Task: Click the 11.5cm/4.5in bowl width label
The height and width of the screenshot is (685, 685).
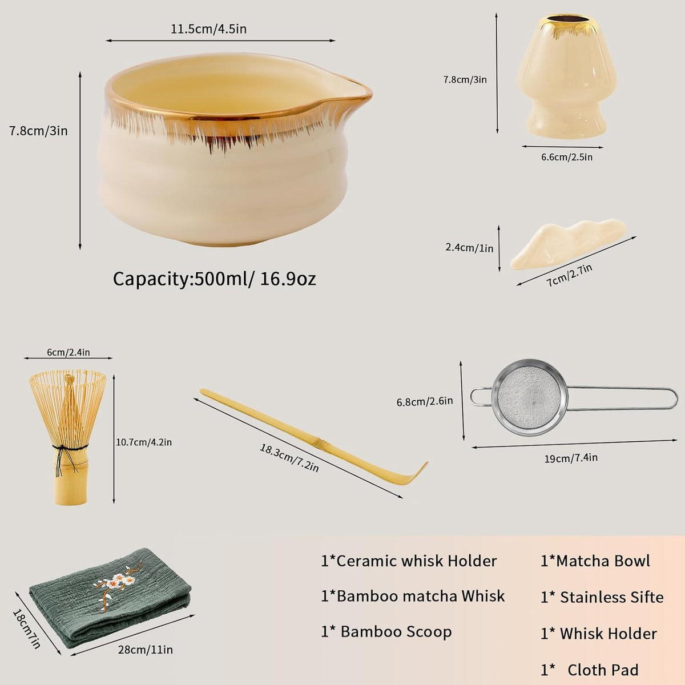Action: [209, 29]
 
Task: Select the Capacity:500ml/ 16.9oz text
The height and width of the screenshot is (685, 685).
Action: [215, 279]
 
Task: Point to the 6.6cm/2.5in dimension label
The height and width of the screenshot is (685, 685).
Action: [567, 157]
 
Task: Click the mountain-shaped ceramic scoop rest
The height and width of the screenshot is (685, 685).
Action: [568, 244]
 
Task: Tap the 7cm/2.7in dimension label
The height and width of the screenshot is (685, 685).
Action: [570, 275]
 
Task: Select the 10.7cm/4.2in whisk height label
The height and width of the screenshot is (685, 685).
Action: [144, 442]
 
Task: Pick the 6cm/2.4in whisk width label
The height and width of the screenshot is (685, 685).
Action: [68, 352]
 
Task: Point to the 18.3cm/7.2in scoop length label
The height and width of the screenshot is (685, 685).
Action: [289, 457]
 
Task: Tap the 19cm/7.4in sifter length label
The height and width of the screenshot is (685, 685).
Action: [571, 458]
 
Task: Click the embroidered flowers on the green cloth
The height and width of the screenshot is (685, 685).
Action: [114, 585]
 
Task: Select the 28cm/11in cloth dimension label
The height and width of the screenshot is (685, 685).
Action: [146, 650]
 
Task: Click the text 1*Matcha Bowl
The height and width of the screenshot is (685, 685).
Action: [595, 561]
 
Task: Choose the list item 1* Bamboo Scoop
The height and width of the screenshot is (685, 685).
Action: [386, 632]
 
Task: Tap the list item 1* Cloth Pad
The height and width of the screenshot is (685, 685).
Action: [589, 670]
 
